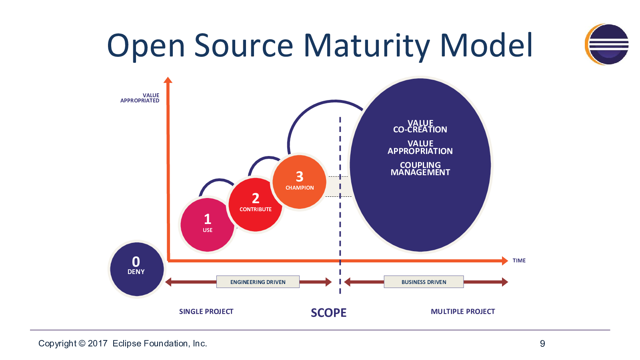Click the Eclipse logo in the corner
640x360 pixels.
click(606, 44)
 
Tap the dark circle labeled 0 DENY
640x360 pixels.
click(137, 269)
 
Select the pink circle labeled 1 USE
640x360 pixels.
click(208, 225)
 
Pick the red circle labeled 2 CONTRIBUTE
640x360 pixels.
click(256, 204)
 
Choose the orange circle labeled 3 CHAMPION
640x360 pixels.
click(300, 182)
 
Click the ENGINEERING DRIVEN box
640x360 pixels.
click(258, 282)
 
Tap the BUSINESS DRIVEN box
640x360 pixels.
click(424, 282)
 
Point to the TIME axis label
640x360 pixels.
click(519, 260)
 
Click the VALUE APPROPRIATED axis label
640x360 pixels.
click(140, 98)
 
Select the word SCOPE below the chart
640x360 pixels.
click(328, 313)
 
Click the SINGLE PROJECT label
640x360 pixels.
click(206, 312)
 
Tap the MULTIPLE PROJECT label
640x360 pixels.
click(463, 312)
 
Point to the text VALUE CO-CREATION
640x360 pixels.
click(420, 126)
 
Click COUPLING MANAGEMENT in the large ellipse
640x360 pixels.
click(420, 168)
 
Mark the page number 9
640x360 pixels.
click(542, 344)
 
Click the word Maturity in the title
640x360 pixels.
click(366, 46)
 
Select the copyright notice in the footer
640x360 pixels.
click(122, 344)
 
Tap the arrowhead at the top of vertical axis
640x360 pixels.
click(168, 80)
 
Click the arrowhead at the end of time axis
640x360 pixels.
click(505, 260)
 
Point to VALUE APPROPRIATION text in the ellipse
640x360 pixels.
click(420, 148)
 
